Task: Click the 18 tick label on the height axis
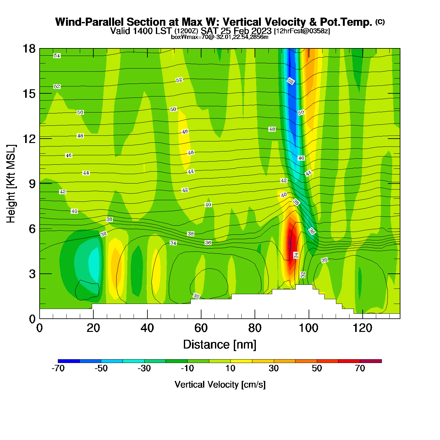tap(29, 49)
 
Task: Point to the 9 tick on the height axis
tap(32, 184)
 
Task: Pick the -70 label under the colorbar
tap(58, 368)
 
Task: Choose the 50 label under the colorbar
tap(317, 368)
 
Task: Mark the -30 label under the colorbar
tap(144, 368)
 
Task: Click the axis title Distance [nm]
tap(220, 345)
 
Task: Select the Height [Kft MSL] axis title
tap(11, 184)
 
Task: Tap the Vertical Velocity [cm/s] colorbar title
tap(220, 385)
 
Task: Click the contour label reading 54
tap(57, 56)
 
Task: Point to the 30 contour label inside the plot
tap(324, 260)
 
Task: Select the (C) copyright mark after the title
tap(380, 22)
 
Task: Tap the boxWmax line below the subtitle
tap(220, 37)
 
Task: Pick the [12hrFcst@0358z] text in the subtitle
tap(302, 31)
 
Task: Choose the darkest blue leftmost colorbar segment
tap(69, 361)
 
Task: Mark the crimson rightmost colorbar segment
tap(371, 361)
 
